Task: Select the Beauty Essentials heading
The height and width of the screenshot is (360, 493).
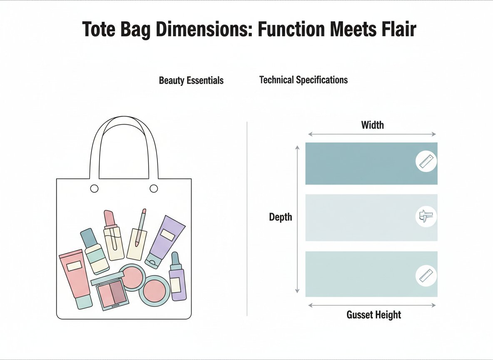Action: pyautogui.click(x=191, y=80)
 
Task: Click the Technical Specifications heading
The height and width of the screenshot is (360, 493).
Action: pyautogui.click(x=303, y=80)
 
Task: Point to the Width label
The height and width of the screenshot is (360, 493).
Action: pyautogui.click(x=372, y=125)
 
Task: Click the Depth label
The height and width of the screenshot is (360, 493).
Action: pyautogui.click(x=280, y=217)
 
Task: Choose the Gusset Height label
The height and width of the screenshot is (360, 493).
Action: pyautogui.click(x=373, y=315)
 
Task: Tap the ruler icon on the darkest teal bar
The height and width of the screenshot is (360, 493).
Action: pyautogui.click(x=426, y=161)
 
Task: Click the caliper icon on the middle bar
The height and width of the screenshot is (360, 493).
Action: pyautogui.click(x=426, y=217)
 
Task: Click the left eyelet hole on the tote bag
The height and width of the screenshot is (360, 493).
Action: pyautogui.click(x=95, y=189)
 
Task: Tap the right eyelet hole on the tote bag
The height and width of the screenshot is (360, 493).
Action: pyautogui.click(x=154, y=189)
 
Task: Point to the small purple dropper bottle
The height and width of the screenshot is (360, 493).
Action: pyautogui.click(x=177, y=279)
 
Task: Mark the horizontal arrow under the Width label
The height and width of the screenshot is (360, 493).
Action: pyautogui.click(x=372, y=134)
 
